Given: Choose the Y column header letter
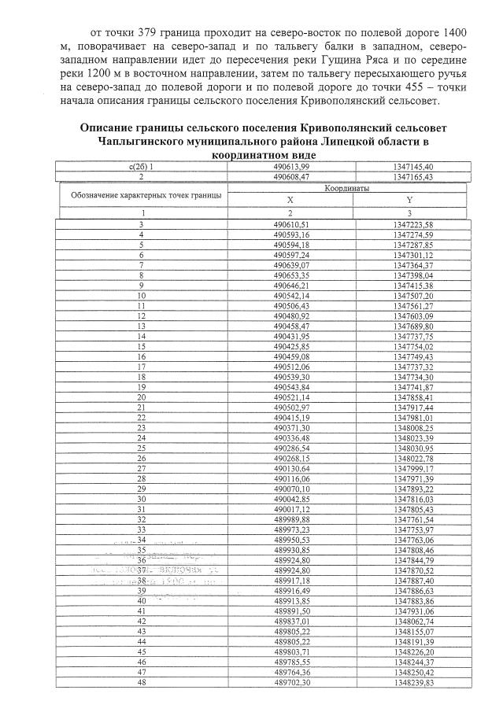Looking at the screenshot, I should [409, 200].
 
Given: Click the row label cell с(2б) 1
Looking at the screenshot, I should [141, 167].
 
